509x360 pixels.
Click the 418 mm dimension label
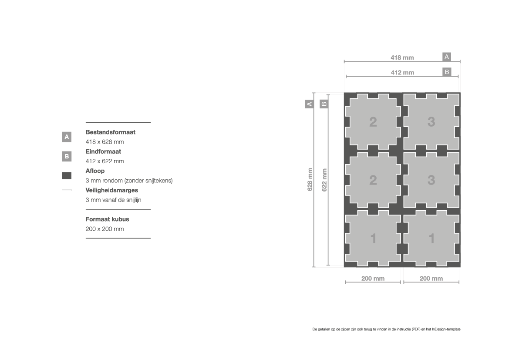402,57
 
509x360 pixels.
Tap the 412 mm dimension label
402,72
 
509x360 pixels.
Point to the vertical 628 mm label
310,179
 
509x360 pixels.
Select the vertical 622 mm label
324,180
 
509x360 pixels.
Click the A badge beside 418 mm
447,57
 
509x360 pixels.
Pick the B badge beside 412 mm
447,72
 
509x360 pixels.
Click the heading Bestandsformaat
110,132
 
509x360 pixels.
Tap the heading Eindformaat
103,151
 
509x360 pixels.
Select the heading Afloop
95,171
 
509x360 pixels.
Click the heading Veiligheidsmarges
111,190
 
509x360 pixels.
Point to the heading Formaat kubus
108,219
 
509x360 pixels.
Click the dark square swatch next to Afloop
67,175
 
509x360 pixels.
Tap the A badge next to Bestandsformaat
67,137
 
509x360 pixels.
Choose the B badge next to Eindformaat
67,156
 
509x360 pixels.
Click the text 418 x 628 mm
105,142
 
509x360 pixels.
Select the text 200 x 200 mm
105,229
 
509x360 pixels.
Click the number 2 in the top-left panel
373,122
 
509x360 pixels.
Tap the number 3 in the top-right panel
431,122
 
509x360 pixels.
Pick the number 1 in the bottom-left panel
373,239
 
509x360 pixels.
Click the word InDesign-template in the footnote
446,329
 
